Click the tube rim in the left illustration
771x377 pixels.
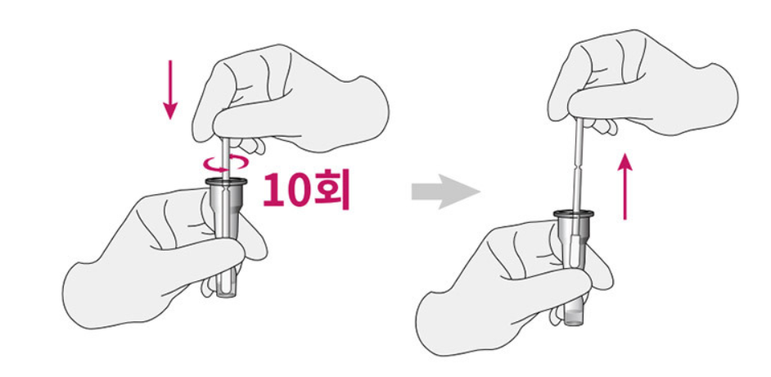pos(226,181)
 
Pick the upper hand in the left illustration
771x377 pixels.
pos(295,98)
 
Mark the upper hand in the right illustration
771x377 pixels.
pos(647,82)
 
